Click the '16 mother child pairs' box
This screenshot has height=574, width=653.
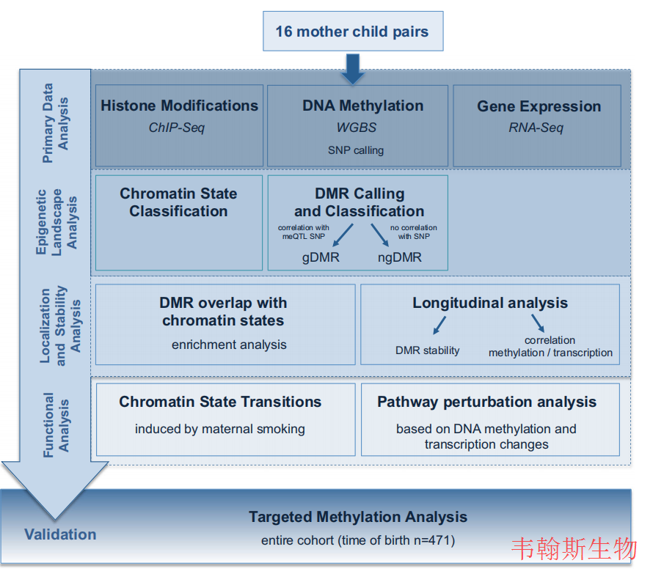pos(353,32)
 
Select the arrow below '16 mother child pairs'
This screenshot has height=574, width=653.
pos(353,69)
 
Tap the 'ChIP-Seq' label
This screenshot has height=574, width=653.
pos(177,128)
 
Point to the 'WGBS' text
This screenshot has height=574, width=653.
pos(357,128)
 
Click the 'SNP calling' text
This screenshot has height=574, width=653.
pos(356,150)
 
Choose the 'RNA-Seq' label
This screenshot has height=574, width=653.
pos(536,128)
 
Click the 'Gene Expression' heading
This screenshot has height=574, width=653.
pos(539,106)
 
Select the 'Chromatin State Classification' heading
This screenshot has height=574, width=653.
pos(179,202)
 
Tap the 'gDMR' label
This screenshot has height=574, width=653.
pos(321,257)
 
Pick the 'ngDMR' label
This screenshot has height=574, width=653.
pos(400,257)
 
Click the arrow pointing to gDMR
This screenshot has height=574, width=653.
pos(343,235)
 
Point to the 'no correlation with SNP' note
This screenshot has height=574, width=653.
pos(414,232)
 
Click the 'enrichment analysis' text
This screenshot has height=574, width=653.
pos(229,345)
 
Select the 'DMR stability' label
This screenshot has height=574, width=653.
pos(427,350)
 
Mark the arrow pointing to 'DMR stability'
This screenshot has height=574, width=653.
pos(439,325)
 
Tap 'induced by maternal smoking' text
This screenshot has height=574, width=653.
pos(220,429)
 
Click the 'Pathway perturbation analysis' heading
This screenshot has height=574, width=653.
pos(487,402)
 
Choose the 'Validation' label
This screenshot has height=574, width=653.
pos(60,534)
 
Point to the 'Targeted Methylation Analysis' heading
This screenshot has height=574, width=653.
pos(358,517)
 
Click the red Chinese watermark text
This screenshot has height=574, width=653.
pos(574,548)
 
